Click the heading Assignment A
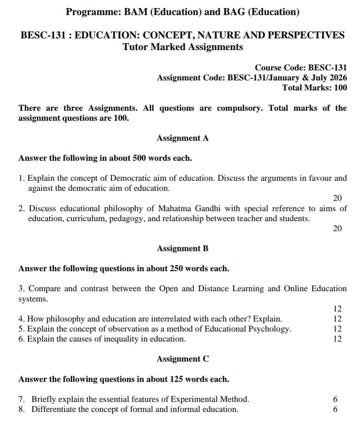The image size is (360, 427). pyautogui.click(x=183, y=138)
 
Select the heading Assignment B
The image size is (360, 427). pyautogui.click(x=183, y=248)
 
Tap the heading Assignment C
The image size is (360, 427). pyautogui.click(x=183, y=359)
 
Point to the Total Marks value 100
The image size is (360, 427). pyautogui.click(x=340, y=88)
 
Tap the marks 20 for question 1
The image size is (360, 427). pyautogui.click(x=337, y=198)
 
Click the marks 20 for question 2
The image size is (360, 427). pyautogui.click(x=337, y=228)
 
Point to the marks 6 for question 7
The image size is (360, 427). pyautogui.click(x=335, y=399)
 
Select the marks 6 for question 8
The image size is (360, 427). pyautogui.click(x=335, y=409)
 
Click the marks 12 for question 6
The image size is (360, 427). pyautogui.click(x=337, y=339)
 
